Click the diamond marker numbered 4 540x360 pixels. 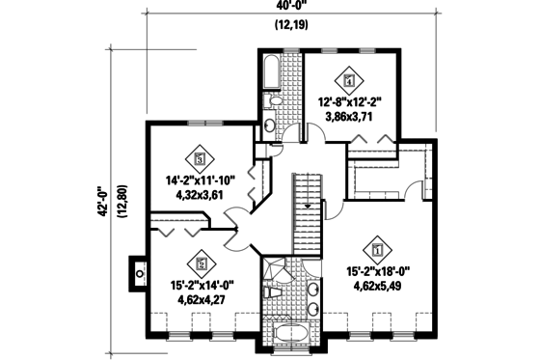(349, 80)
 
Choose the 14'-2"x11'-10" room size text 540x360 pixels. (201, 178)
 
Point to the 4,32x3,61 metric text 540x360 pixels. (201, 194)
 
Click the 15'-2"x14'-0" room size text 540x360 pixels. (202, 284)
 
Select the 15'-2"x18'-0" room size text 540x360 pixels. (378, 271)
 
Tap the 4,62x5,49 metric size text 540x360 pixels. (378, 287)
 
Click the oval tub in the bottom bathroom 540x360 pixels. (290, 334)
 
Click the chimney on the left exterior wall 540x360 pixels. (138, 272)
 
